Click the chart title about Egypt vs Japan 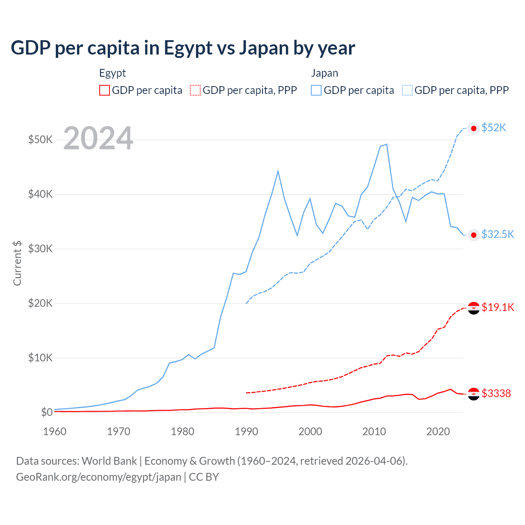183,48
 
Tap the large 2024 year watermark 98,139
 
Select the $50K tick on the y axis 40,139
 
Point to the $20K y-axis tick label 40,303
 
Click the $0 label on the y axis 46,412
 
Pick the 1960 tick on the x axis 55,431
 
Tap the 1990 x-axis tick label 247,431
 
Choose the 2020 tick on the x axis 438,431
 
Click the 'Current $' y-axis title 17,263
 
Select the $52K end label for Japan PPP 494,128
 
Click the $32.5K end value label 498,234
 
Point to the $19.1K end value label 498,307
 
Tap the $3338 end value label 496,393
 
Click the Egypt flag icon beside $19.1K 474,308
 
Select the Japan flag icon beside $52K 474,128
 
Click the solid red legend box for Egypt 105,90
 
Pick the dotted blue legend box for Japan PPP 407,90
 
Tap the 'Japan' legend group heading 324,73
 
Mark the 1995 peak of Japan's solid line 278,171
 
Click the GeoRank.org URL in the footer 98,477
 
